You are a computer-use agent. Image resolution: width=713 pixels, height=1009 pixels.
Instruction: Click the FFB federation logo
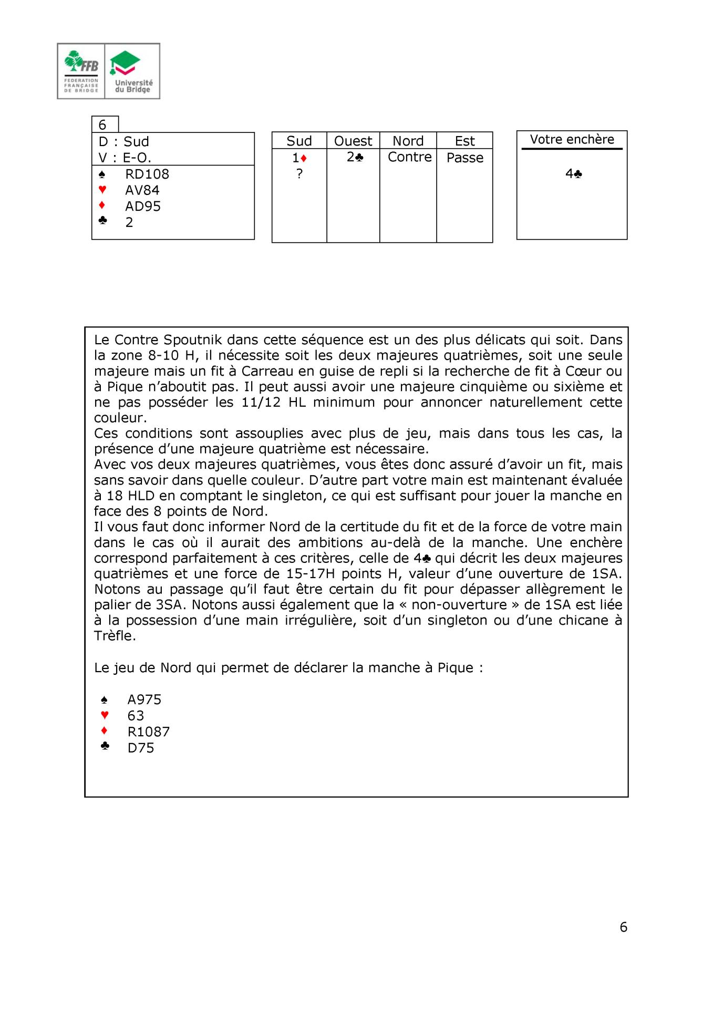tap(81, 71)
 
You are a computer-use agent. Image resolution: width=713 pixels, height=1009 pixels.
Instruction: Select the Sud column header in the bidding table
tap(299, 141)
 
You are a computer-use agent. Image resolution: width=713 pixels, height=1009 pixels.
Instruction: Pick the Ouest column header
tap(353, 141)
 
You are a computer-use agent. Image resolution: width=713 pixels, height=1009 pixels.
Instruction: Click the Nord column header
tap(408, 141)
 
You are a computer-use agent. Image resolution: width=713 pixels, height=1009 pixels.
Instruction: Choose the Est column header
tap(464, 141)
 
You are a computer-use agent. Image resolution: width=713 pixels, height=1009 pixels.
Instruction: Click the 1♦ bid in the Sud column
tap(299, 158)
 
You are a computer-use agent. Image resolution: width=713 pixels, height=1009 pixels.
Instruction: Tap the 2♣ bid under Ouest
tap(355, 157)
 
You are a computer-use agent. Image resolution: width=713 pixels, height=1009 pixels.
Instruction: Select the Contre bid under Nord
tap(409, 157)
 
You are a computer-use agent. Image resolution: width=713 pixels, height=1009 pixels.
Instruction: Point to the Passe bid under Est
tap(464, 158)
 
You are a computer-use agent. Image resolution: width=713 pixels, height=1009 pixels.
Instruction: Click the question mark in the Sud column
tap(299, 174)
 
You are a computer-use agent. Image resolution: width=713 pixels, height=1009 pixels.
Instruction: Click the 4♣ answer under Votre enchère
tap(573, 174)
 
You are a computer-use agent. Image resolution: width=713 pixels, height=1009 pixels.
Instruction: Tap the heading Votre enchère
tap(572, 139)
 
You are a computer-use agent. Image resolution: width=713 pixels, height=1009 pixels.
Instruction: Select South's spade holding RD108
tap(147, 174)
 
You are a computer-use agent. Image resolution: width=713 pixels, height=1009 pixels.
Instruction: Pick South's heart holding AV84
tap(142, 190)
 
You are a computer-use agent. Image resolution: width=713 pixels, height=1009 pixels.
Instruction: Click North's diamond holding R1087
tap(148, 732)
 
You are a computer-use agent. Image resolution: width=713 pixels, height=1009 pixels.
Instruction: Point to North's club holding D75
tap(141, 748)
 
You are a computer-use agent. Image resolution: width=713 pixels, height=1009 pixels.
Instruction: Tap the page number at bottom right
tap(623, 927)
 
